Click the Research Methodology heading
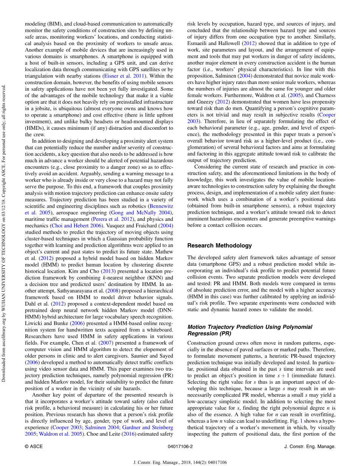[219, 246]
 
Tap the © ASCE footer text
[34, 446]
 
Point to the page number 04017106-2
[180, 446]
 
